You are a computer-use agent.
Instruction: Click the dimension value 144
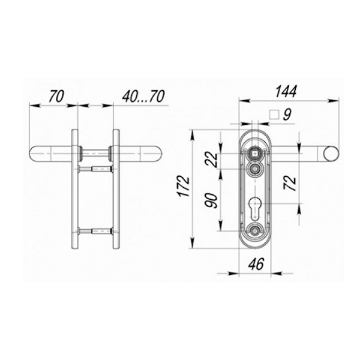(x=286, y=91)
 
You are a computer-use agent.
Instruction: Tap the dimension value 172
(x=184, y=186)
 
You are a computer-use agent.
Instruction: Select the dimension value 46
(x=256, y=264)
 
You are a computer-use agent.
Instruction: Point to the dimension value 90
(x=212, y=200)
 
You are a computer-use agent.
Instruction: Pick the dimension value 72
(x=290, y=183)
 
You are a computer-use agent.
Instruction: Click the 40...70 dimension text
(x=143, y=97)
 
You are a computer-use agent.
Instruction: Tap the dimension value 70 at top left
(x=56, y=97)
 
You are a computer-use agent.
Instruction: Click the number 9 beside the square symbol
(x=287, y=115)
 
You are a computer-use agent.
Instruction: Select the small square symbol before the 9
(x=274, y=115)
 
